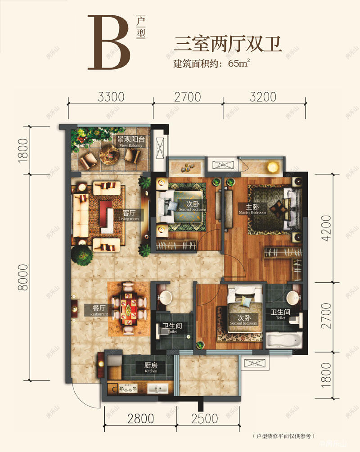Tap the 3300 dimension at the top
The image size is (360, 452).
(x=111, y=96)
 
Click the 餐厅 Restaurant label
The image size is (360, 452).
(x=98, y=310)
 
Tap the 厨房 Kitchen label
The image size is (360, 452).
(x=151, y=368)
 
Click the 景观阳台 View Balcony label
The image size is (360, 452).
(x=130, y=142)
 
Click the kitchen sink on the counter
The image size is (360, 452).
(x=158, y=389)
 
